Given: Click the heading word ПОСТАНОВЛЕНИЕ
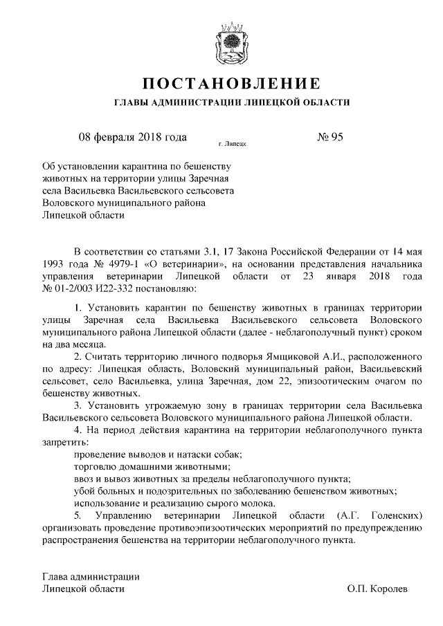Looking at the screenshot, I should [230, 84].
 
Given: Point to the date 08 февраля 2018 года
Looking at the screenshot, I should [133, 136].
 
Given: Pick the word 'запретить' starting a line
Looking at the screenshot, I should [65, 441].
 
